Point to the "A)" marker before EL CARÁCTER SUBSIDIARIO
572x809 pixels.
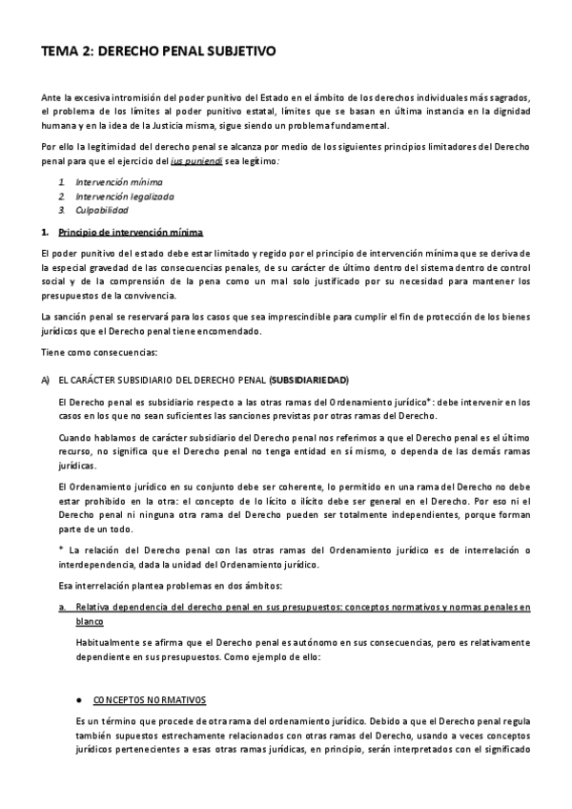(x=45, y=380)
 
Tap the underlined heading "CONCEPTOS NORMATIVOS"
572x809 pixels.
(x=149, y=698)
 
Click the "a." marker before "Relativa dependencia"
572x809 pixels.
(x=61, y=607)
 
